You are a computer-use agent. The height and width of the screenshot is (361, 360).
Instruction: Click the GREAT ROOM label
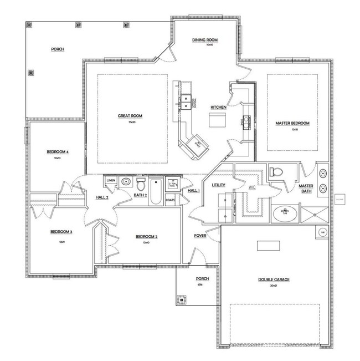[130, 116]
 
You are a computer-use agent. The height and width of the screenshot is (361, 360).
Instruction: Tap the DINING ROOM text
[204, 40]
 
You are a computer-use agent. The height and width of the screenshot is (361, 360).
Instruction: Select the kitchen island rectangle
[217, 119]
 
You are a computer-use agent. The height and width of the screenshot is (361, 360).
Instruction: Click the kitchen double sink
[187, 101]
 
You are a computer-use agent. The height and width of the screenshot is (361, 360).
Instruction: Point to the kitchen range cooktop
[246, 121]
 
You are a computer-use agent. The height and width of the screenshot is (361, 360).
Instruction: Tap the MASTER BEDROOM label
[292, 123]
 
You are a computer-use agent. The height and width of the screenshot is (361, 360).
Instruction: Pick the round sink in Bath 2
[126, 181]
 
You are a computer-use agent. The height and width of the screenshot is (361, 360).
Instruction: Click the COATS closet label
[171, 200]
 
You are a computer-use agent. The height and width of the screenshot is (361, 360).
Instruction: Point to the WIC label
[252, 187]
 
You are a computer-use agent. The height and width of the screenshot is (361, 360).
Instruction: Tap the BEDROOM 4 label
[57, 152]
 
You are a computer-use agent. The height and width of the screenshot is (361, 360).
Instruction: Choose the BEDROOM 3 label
[62, 232]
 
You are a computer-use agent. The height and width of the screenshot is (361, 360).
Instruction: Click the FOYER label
[200, 236]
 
